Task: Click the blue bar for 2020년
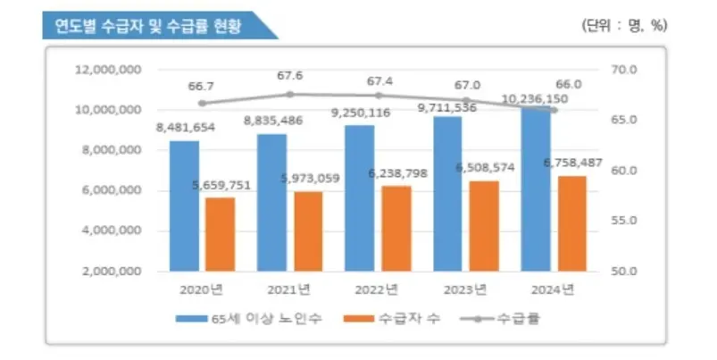(184, 205)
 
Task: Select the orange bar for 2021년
(308, 231)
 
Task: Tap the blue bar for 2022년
(360, 198)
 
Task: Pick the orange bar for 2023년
(484, 226)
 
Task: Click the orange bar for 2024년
(571, 223)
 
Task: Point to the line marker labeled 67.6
(290, 94)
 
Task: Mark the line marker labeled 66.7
(202, 103)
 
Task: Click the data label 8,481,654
(186, 127)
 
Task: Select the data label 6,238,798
(398, 173)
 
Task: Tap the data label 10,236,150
(535, 99)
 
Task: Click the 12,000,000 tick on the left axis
(108, 70)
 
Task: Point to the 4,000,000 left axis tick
(112, 230)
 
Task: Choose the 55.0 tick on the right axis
(624, 221)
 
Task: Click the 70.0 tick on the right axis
(624, 70)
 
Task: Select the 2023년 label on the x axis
(465, 290)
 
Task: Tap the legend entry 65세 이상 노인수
(249, 318)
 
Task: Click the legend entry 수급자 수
(392, 318)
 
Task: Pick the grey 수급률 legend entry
(500, 318)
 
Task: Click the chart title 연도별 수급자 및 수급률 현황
(147, 26)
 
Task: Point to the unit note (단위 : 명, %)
(624, 25)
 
